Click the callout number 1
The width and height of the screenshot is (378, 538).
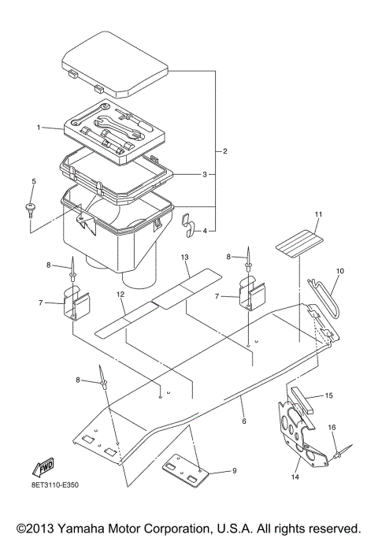point(37,127)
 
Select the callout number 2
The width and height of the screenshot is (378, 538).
point(225,150)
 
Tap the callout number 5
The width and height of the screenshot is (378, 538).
point(34,182)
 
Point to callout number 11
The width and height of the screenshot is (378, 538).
point(318,214)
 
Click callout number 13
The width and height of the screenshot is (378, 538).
point(185,257)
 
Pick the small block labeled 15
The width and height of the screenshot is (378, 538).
point(302,401)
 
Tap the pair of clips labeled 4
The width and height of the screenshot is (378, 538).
point(188,224)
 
